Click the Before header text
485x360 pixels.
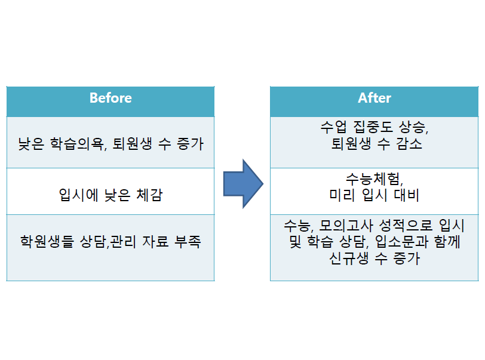[x=110, y=98]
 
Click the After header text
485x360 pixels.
[x=375, y=98]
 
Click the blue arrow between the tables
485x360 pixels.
[x=243, y=184]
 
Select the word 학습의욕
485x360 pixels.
[x=76, y=144]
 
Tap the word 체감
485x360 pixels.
[x=149, y=195]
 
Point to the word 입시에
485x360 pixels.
[x=78, y=195]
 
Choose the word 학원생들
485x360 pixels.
[x=47, y=241]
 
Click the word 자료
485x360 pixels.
[x=155, y=241]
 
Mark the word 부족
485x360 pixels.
[x=188, y=241]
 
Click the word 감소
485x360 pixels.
[x=409, y=143]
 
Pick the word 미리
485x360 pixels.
[x=342, y=195]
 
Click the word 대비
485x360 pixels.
[x=406, y=195]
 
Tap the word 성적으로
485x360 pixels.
[x=406, y=226]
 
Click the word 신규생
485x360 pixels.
[x=349, y=259]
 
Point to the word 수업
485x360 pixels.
[x=334, y=127]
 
